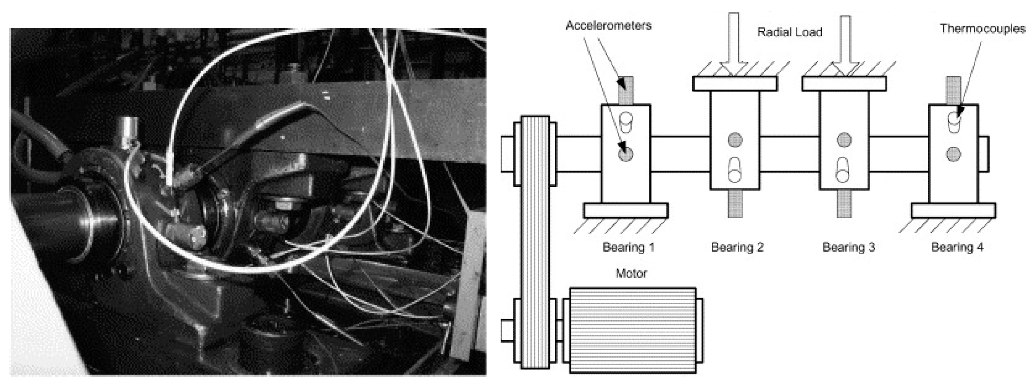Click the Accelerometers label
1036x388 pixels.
608,26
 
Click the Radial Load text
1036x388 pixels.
789,32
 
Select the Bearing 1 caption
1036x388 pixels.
628,247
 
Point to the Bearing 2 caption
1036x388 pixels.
737,247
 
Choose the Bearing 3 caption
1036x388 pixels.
848,247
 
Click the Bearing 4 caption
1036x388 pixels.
957,247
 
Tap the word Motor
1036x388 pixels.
631,273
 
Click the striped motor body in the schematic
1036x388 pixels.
633,330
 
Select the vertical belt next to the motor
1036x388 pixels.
535,241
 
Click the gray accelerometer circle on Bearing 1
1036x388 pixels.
626,154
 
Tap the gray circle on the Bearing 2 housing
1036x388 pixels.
735,140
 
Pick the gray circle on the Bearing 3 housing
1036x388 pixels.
844,140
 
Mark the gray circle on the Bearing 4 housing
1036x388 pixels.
953,154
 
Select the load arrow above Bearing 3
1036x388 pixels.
846,44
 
